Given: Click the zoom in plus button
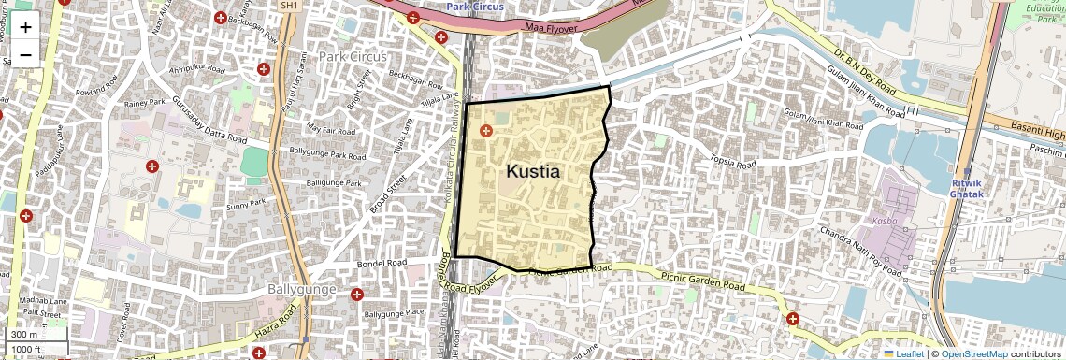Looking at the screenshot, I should click(25, 26).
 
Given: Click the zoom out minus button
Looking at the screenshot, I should click(25, 53).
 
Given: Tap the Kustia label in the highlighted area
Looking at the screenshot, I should click(533, 172).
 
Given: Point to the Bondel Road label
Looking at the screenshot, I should click(382, 264).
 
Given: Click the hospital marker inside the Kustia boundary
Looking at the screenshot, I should click(485, 132).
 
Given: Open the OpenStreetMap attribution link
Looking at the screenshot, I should click(974, 353).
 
